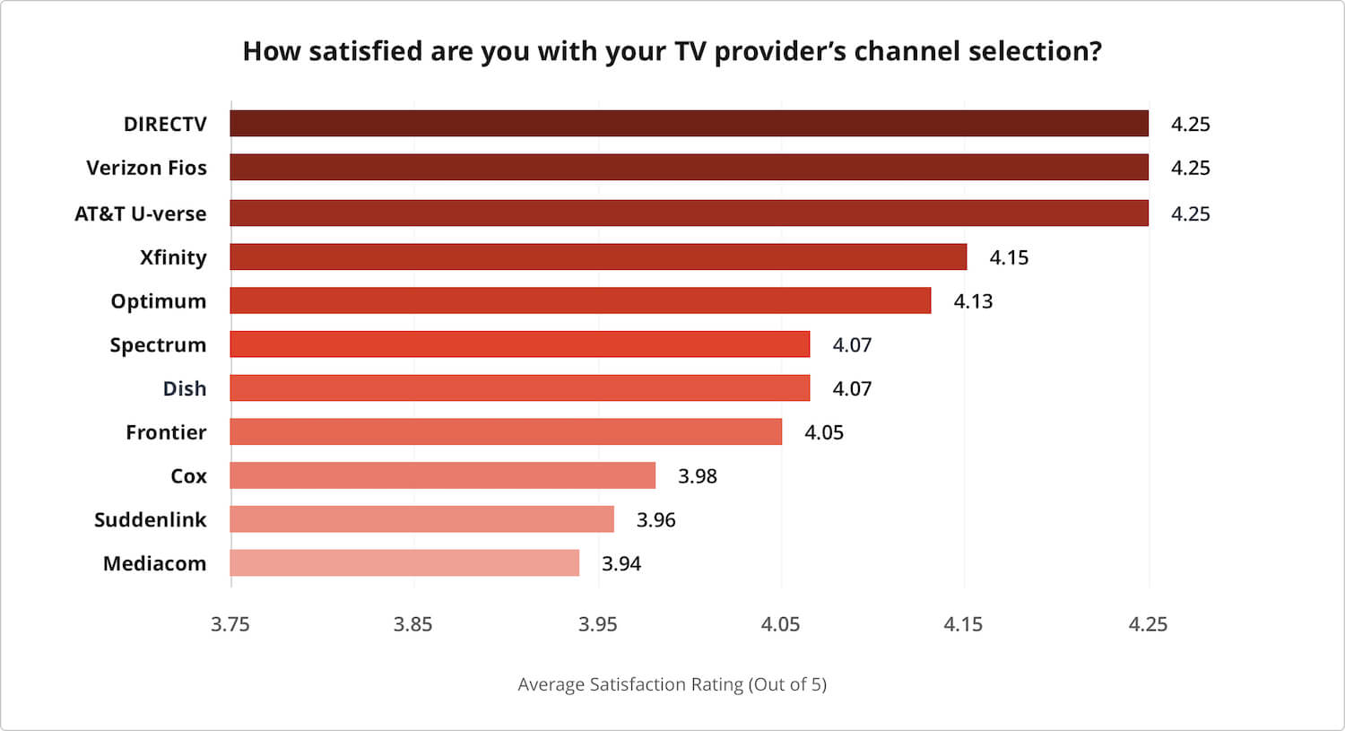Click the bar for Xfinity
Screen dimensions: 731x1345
pos(598,257)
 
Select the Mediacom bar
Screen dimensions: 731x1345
pos(404,563)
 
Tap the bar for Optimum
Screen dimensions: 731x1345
pos(580,300)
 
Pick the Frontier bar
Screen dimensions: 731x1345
pos(506,432)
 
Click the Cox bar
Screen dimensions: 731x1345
pos(442,475)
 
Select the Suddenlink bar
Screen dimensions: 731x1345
pos(421,519)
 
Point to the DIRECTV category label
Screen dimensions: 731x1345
pos(165,124)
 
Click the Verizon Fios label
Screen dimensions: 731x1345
pos(146,168)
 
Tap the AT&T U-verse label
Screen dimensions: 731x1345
pos(140,213)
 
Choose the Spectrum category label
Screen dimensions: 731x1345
pos(158,345)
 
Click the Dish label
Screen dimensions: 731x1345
pos(185,388)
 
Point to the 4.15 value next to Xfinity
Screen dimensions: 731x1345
pos(1009,257)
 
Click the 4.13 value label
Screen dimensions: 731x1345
pos(973,301)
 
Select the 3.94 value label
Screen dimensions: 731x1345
pos(621,564)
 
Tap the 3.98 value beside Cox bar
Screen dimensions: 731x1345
pos(698,476)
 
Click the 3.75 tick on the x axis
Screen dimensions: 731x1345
pos(230,624)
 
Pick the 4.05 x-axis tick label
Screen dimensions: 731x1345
pos(780,624)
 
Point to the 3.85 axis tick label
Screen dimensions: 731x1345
pos(413,624)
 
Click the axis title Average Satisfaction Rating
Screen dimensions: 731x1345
pos(672,684)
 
